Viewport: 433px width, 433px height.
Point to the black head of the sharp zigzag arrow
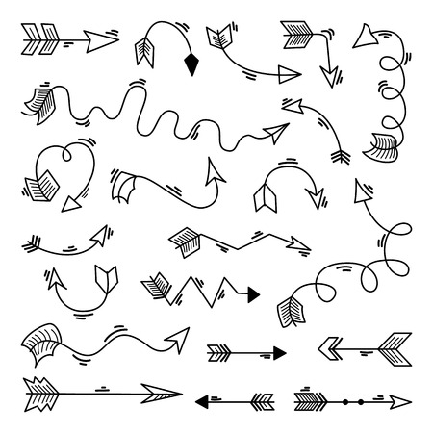(x=252, y=292)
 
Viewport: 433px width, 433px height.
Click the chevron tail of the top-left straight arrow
(x=39, y=39)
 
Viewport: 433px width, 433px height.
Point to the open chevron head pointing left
(x=330, y=344)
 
